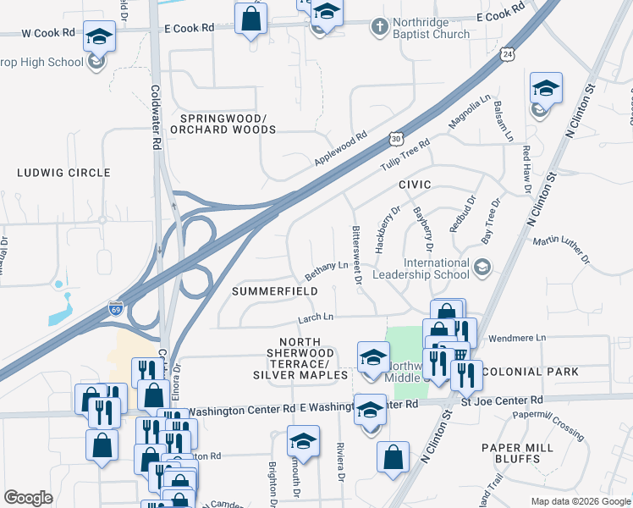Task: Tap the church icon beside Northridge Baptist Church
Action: click(x=377, y=28)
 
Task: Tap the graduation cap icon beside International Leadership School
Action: click(x=482, y=268)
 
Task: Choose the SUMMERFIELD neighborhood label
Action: click(x=275, y=290)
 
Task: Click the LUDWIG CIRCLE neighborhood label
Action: click(x=63, y=173)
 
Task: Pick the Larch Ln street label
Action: click(x=316, y=317)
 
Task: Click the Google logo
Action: click(x=28, y=498)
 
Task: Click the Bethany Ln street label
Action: click(x=327, y=272)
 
